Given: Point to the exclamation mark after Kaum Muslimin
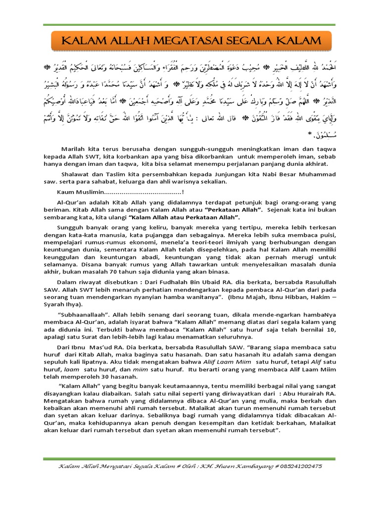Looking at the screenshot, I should tap(183, 192).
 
